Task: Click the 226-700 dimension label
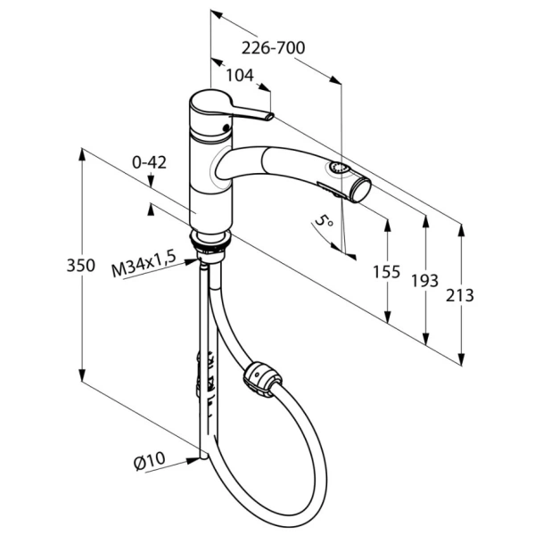(273, 48)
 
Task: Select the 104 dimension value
(240, 76)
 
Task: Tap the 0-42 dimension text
(149, 163)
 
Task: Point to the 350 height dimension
(80, 265)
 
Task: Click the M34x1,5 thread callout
(144, 264)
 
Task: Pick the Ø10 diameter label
(149, 461)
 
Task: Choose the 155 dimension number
(386, 272)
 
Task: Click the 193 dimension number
(424, 281)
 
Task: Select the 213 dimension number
(459, 295)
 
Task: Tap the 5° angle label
(323, 220)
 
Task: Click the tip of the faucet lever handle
(270, 116)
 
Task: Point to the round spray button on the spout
(338, 169)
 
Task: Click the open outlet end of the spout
(362, 191)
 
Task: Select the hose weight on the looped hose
(261, 380)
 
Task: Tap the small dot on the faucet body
(226, 128)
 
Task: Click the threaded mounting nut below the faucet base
(210, 243)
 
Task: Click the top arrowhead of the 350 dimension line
(81, 154)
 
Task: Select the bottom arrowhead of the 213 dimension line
(461, 358)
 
